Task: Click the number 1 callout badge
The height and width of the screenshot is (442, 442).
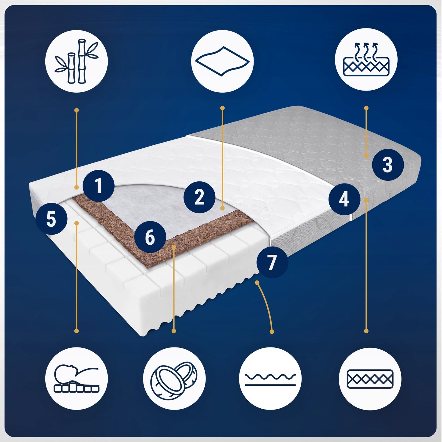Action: coord(98,186)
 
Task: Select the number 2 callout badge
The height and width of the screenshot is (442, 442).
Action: coord(199,197)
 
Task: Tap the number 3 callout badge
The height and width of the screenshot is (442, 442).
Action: coord(388,165)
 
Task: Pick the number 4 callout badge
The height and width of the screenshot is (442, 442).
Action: coord(344,199)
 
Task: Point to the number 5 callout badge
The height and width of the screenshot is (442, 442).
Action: coord(51,219)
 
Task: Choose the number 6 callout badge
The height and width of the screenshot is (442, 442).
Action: coord(150,237)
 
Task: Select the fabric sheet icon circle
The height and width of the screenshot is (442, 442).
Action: coord(222,61)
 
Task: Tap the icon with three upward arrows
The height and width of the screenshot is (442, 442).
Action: coord(366,60)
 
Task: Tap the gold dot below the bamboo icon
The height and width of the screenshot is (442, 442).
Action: coord(76,110)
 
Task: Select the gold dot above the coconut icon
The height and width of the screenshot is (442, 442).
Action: coord(174,331)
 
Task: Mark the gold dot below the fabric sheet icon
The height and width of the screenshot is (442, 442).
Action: coord(222,108)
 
